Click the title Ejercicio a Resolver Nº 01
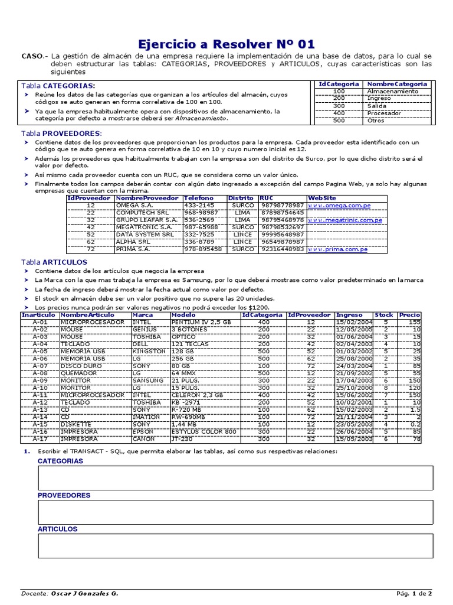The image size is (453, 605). coord(226,44)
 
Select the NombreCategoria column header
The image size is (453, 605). coord(396,84)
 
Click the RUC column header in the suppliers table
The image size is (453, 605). coord(267,198)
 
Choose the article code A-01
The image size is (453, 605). coord(40,322)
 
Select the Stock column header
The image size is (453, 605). coord(384,315)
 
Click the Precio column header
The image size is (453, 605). coord(409,315)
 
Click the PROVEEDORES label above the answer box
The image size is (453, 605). coord(64,495)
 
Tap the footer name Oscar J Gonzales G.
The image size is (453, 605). coord(84,593)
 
